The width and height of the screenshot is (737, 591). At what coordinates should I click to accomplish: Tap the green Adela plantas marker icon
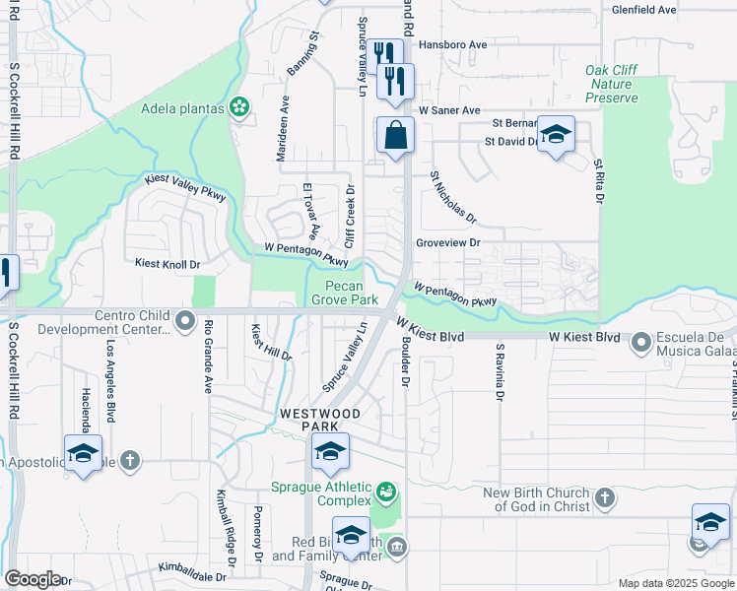click(238, 107)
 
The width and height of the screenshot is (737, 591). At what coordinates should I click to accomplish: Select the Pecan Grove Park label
click(345, 293)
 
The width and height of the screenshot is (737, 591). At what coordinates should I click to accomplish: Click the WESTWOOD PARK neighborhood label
click(320, 420)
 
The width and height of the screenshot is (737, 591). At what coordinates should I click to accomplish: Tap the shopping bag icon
click(395, 135)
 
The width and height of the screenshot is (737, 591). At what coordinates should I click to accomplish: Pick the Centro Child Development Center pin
click(184, 320)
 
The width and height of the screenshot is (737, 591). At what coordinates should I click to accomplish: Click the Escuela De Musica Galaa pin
click(642, 343)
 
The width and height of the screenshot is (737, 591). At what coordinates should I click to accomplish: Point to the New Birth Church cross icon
click(605, 498)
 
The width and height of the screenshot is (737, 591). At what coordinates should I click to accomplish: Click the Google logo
click(33, 579)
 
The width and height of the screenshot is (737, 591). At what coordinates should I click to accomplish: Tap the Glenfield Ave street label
click(643, 9)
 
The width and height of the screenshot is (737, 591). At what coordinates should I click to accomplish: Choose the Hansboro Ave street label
click(453, 45)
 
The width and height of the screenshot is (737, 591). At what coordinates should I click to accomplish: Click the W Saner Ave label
click(448, 110)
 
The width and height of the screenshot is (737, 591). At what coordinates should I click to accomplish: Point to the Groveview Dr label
click(447, 242)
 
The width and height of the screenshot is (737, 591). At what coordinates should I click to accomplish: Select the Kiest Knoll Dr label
click(167, 264)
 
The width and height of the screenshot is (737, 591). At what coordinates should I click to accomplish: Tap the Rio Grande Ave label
click(209, 356)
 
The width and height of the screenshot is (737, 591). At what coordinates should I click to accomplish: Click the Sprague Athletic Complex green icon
click(387, 490)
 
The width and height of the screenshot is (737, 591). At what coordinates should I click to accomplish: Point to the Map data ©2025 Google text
click(675, 583)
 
